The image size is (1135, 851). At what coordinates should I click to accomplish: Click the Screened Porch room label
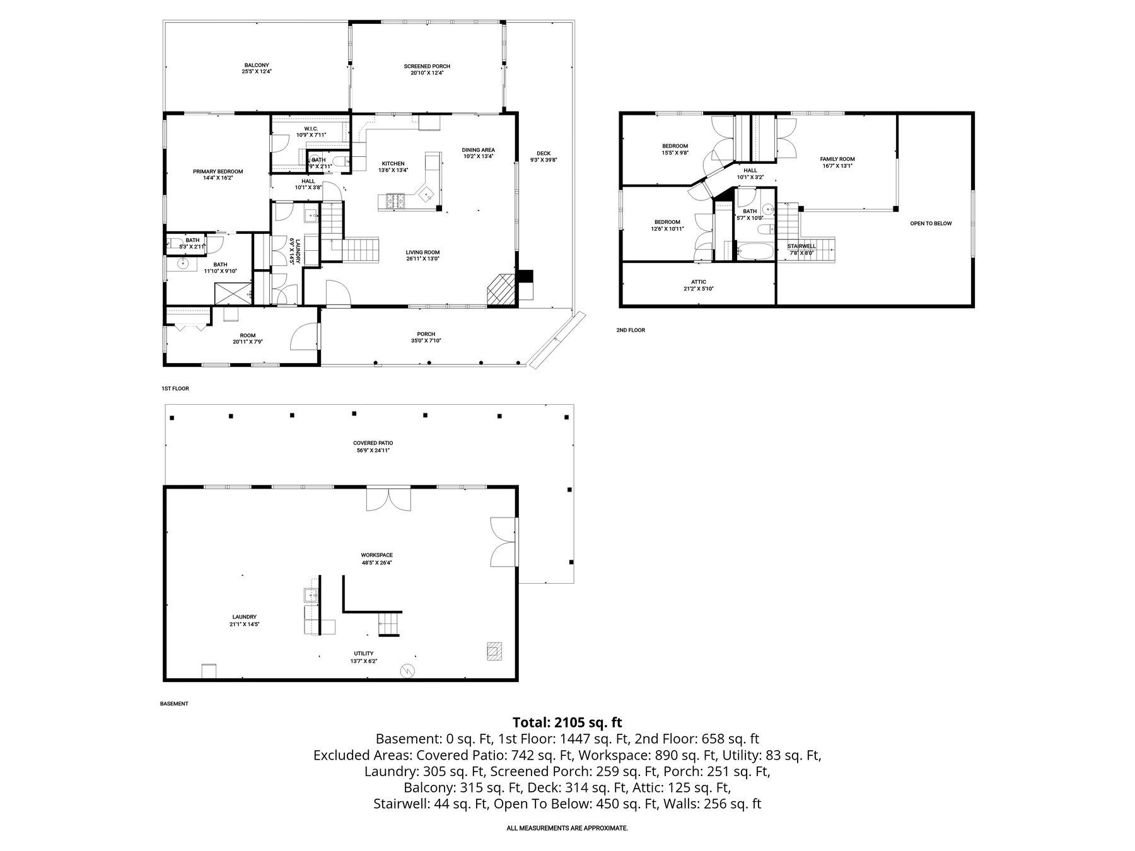427,69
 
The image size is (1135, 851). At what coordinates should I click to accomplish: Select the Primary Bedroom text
218,175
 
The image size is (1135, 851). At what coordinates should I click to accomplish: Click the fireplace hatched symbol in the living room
501,289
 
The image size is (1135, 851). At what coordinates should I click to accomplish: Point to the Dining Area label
479,153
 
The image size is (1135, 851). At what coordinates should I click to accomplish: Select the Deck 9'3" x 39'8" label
544,156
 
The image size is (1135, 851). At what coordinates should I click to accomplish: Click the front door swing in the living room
337,294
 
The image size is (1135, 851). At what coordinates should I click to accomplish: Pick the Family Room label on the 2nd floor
837,163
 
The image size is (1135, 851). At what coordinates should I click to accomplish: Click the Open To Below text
931,223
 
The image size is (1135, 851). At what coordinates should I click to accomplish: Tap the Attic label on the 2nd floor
699,285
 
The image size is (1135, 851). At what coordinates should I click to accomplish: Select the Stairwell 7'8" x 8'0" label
801,250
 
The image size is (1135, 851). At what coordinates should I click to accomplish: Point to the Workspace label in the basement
377,559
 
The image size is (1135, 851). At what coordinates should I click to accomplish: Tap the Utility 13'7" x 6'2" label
363,657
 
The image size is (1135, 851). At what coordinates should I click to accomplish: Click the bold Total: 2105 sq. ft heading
567,722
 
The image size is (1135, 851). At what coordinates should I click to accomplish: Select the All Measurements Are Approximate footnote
567,828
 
